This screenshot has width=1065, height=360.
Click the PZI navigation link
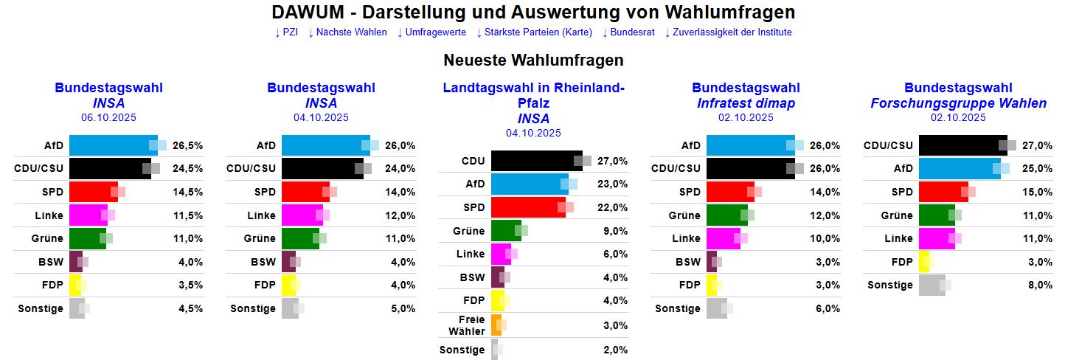pyautogui.click(x=286, y=32)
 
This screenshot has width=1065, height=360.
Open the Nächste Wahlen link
pyautogui.click(x=347, y=32)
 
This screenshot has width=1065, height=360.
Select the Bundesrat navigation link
pyautogui.click(x=628, y=32)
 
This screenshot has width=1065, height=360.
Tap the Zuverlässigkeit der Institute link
pyautogui.click(x=728, y=32)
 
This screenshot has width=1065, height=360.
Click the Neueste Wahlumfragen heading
pyautogui.click(x=533, y=60)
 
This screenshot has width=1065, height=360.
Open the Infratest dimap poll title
pyautogui.click(x=746, y=103)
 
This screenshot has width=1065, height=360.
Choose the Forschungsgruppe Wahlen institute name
pyautogui.click(x=958, y=103)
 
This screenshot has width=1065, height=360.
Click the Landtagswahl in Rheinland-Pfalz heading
pyautogui.click(x=533, y=96)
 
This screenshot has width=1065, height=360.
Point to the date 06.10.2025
pyautogui.click(x=108, y=117)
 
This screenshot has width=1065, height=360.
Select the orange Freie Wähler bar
pyautogui.click(x=496, y=325)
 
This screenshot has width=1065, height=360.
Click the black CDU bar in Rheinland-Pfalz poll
pyautogui.click(x=536, y=161)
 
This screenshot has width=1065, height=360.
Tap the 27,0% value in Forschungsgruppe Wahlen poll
pyautogui.click(x=1037, y=145)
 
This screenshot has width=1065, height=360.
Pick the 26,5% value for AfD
pyautogui.click(x=187, y=145)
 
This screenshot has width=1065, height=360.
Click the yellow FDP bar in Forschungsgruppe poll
pyautogui.click(x=923, y=262)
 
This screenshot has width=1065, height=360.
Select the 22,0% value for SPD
pyautogui.click(x=612, y=207)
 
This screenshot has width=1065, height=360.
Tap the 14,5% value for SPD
pyautogui.click(x=187, y=192)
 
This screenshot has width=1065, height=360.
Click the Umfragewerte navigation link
pyautogui.click(x=431, y=32)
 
